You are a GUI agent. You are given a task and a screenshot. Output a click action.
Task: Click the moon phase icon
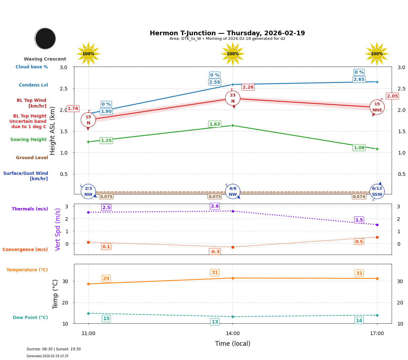(x=45, y=38)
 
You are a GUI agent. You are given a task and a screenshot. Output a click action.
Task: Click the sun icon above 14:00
(x=233, y=54)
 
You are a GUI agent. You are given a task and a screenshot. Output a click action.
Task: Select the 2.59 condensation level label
(x=214, y=82)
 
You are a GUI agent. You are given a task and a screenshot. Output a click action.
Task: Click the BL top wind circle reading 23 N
(x=233, y=98)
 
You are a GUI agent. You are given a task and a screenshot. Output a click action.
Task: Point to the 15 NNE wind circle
(x=377, y=107)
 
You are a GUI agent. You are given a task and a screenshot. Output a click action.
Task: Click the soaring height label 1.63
(x=214, y=124)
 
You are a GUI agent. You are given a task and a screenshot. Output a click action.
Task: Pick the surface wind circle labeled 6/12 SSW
(x=377, y=192)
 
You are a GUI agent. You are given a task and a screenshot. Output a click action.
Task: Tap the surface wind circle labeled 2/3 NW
(x=88, y=192)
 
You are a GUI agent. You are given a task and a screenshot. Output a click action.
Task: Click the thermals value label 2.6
(x=214, y=206)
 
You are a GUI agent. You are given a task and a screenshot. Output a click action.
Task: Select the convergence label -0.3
(x=214, y=252)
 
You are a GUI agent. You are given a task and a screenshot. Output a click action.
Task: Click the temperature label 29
(x=106, y=278)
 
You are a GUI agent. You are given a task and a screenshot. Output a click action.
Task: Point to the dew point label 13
(x=214, y=322)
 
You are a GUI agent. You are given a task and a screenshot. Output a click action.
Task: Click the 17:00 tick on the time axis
(x=377, y=334)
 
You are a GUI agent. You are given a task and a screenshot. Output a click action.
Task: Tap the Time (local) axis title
(x=233, y=344)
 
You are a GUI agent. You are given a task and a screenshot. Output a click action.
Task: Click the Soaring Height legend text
(x=28, y=140)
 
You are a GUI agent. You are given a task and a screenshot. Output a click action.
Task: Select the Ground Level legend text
(x=32, y=158)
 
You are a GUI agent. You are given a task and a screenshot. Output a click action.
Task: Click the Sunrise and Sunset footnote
(x=54, y=349)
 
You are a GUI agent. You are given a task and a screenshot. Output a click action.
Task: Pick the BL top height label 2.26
(x=248, y=87)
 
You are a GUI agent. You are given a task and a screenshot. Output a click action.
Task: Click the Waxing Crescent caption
(x=45, y=59)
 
